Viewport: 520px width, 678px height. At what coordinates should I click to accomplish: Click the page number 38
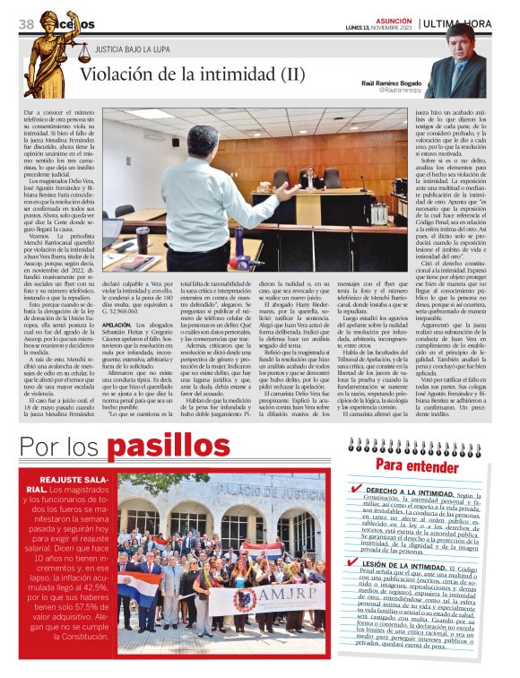(x=26, y=23)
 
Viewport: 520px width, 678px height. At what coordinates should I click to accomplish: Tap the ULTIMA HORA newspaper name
(x=457, y=23)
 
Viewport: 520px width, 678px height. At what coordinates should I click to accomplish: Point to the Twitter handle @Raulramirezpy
(x=400, y=91)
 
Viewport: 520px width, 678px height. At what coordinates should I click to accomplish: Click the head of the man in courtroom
(x=205, y=141)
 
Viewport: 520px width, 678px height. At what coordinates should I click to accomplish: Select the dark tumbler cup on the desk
(x=143, y=239)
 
